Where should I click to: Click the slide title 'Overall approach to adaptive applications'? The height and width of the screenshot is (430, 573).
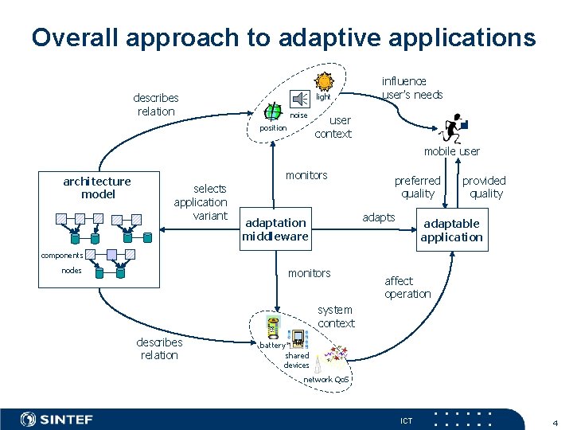click(283, 37)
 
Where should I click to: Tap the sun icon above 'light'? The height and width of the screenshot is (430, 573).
click(324, 81)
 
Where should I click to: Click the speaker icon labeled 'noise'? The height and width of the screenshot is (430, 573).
click(300, 99)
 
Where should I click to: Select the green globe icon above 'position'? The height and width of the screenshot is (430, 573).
click(274, 111)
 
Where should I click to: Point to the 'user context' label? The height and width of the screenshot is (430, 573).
click(333, 127)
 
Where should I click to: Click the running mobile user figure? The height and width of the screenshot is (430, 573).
click(453, 127)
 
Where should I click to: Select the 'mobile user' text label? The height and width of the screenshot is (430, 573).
click(451, 151)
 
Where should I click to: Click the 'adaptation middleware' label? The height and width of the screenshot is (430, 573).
click(275, 229)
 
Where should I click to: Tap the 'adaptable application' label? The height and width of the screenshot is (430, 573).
click(451, 230)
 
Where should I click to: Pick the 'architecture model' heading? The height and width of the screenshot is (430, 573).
click(97, 188)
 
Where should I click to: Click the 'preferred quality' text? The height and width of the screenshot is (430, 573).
click(417, 187)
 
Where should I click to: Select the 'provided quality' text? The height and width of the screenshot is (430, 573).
click(485, 187)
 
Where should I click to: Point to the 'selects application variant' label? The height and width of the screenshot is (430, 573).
click(201, 202)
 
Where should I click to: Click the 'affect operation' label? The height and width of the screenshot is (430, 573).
click(407, 287)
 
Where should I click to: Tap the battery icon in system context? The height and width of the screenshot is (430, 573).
click(273, 327)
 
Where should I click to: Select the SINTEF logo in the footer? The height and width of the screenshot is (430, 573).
click(57, 419)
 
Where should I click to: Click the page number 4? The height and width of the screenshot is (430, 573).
click(555, 420)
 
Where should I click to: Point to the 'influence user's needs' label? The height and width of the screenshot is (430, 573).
click(411, 88)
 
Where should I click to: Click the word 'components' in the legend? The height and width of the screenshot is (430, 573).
click(62, 255)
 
